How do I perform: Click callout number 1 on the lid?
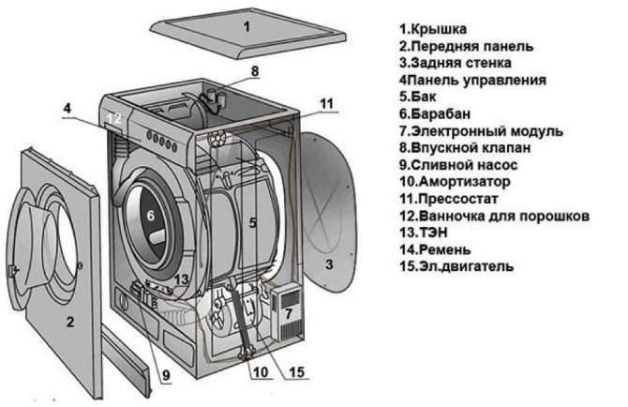[247, 27]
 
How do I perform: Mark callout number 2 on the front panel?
[69, 323]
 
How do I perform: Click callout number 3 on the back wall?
[328, 265]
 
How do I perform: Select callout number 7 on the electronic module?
[289, 311]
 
